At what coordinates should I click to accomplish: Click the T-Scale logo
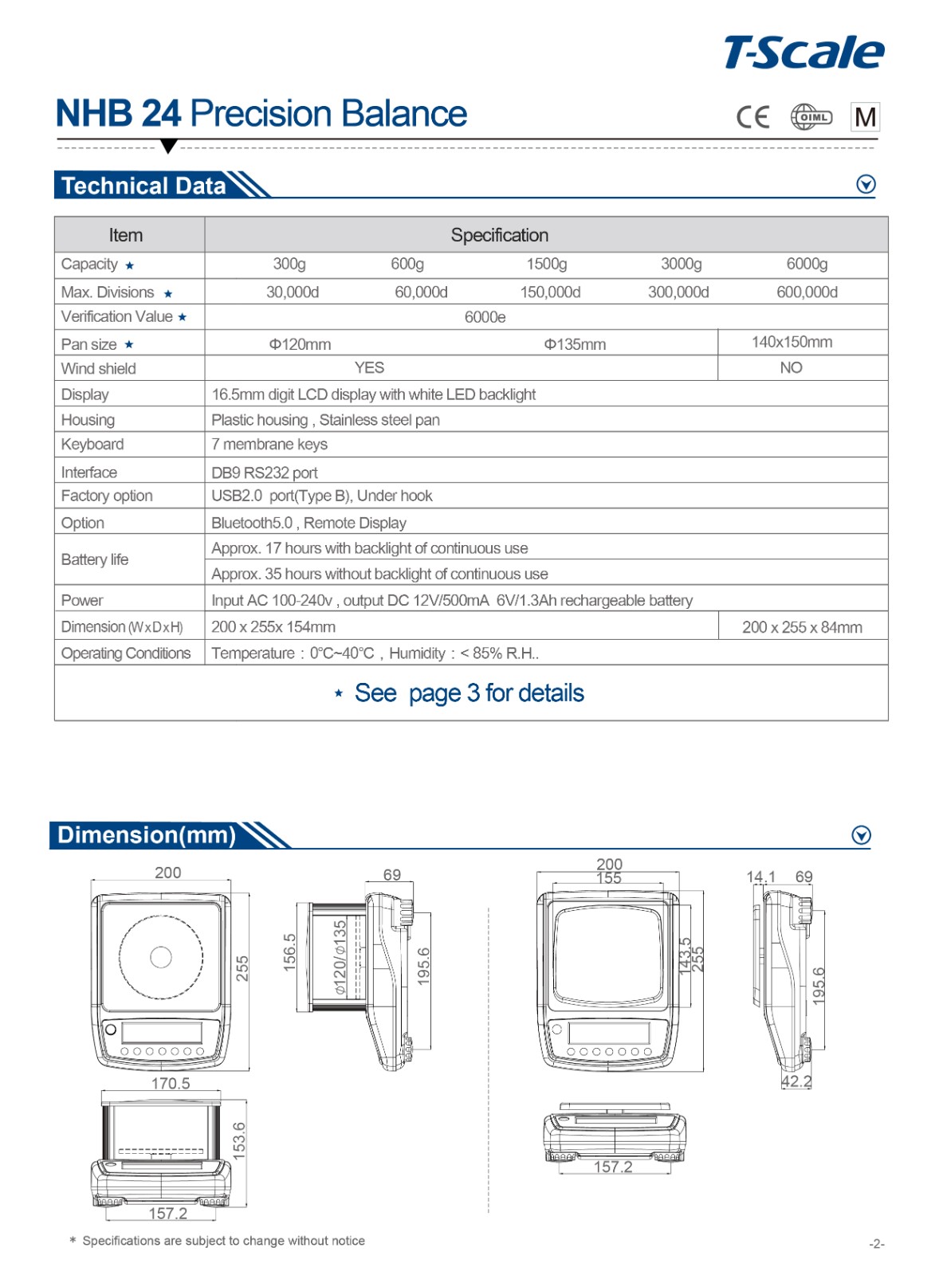click(803, 53)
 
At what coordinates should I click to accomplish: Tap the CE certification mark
click(752, 117)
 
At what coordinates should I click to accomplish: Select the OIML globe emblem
click(811, 117)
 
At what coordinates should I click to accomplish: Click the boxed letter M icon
click(865, 117)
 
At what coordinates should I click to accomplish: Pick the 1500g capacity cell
click(546, 264)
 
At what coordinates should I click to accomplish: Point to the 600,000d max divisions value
click(807, 292)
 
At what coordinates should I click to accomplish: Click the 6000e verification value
click(485, 317)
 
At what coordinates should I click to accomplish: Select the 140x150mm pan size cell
click(792, 342)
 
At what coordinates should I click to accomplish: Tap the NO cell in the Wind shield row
click(791, 367)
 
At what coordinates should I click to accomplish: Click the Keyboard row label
click(92, 444)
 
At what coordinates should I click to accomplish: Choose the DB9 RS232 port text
click(265, 473)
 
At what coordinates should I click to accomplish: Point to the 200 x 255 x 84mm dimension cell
click(802, 627)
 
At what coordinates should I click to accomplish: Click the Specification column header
click(499, 235)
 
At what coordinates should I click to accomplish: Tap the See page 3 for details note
click(469, 693)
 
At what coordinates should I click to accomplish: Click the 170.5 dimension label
click(171, 1083)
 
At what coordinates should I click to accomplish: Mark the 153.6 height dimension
click(239, 1140)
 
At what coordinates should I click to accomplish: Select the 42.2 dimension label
click(796, 1081)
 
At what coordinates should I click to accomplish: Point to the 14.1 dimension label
click(760, 877)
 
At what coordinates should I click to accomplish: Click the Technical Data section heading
click(143, 186)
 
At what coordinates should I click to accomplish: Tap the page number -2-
click(876, 1243)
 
